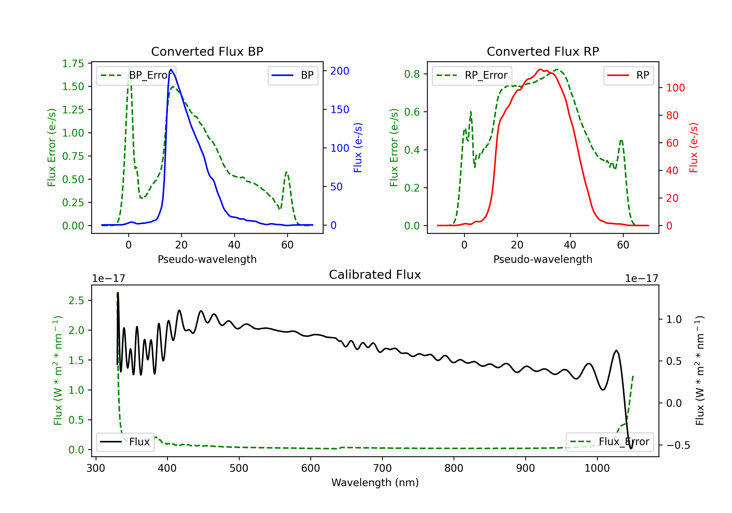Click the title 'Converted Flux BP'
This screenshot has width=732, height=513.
click(207, 51)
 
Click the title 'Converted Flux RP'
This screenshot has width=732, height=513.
click(543, 51)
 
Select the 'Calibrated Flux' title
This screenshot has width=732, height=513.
click(375, 275)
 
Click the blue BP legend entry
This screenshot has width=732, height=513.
click(293, 75)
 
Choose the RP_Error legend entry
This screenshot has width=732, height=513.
click(472, 75)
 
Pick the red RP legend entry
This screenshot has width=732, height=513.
click(628, 75)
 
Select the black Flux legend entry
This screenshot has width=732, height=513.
click(125, 442)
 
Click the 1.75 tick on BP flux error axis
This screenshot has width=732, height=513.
click(73, 64)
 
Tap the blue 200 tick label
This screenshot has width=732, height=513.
click(340, 71)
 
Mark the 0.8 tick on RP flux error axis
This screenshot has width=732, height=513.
click(412, 74)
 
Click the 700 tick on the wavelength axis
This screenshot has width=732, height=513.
click(382, 468)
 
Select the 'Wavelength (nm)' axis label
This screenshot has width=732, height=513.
click(375, 482)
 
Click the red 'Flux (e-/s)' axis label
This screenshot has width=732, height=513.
click(693, 148)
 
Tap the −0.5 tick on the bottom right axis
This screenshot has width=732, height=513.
click(678, 445)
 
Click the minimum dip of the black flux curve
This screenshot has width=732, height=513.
click(630, 449)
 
